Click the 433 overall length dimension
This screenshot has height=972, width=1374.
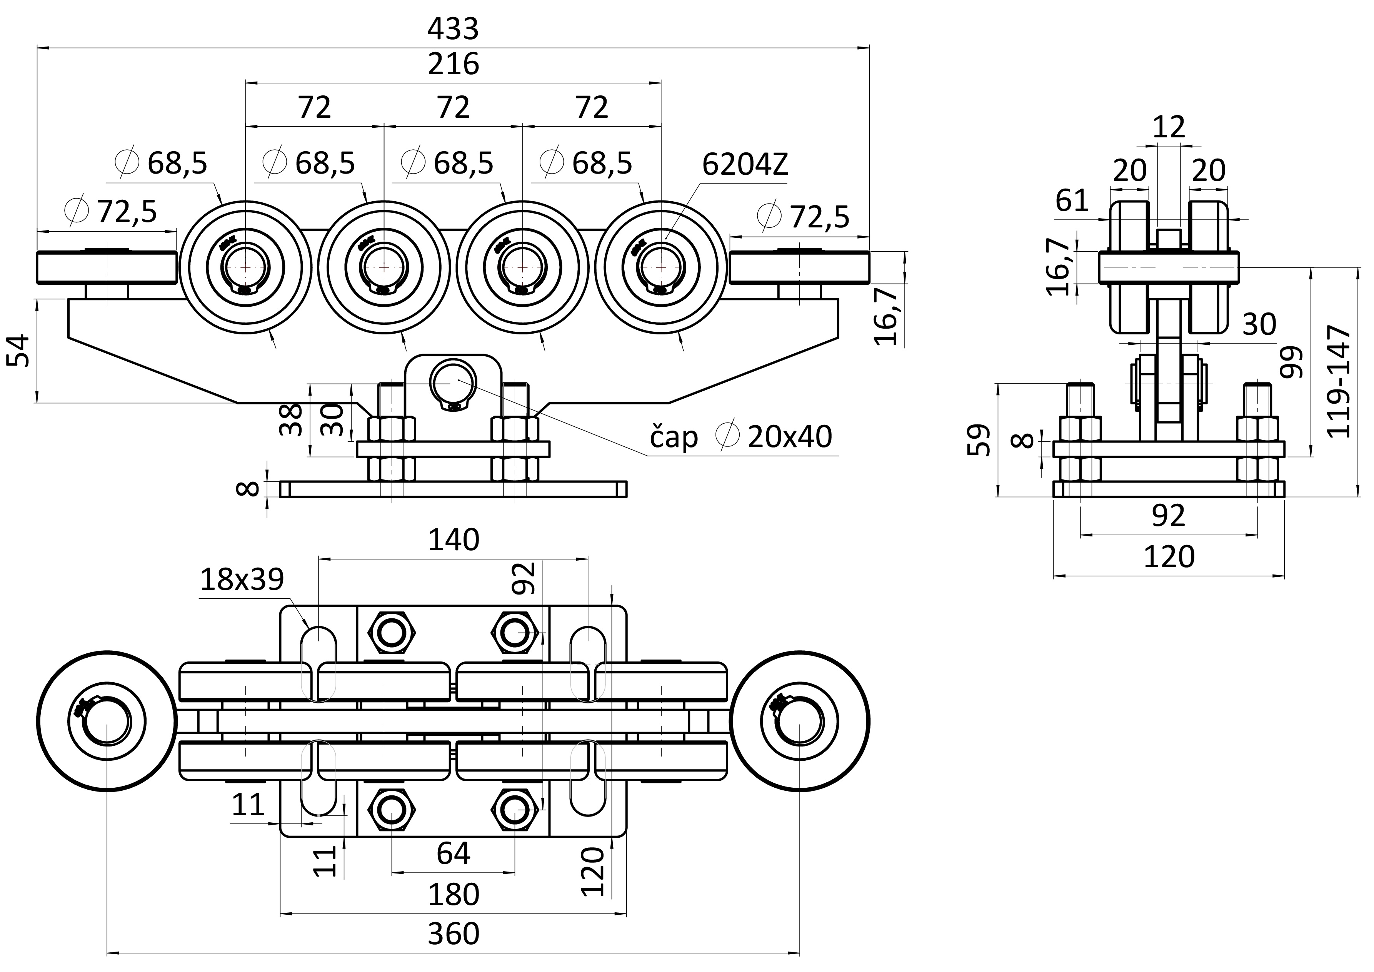pos(453,29)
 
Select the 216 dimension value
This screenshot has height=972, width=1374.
pos(453,63)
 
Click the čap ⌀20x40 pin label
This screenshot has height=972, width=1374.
pos(741,436)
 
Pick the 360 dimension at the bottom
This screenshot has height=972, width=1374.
pos(453,933)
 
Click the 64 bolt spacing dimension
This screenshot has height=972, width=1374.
pos(453,853)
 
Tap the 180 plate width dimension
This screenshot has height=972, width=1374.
pos(453,894)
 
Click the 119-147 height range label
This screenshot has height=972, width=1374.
pos(1338,381)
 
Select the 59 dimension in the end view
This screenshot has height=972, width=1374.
pos(979,440)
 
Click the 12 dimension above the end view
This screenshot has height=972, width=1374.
pos(1168,127)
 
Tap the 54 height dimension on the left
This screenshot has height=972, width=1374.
pos(18,351)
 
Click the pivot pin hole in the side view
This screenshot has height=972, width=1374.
pos(453,380)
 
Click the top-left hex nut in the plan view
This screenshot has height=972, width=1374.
pos(391,632)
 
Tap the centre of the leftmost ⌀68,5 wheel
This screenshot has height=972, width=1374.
pos(245,266)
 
